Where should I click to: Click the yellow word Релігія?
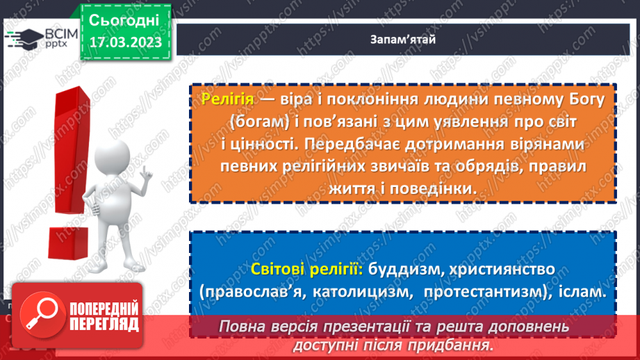click(227, 99)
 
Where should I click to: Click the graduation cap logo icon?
click(23, 39)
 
